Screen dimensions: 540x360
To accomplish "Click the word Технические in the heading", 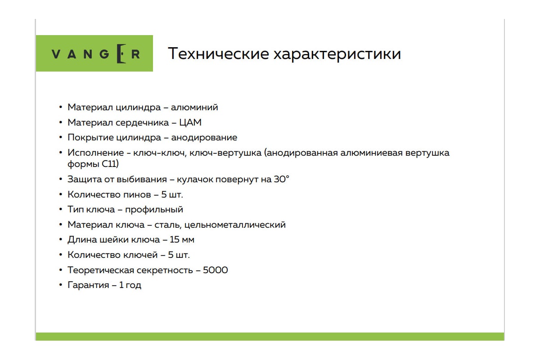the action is pos(218,54).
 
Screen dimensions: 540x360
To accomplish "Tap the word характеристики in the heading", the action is pos(337,54).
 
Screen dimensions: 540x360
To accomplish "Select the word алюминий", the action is pos(194,107).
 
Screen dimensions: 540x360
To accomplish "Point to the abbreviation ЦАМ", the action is pos(190,123).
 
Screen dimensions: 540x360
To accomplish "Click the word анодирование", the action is pos(204,138).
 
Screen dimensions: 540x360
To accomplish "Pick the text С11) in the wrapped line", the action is pos(110,164).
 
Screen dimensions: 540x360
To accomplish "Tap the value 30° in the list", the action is pos(281,179).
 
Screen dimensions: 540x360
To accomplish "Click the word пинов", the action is pos(137,194).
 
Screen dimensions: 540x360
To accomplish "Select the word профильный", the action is pos(154,210).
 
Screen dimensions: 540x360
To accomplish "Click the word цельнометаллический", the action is pos(235,225).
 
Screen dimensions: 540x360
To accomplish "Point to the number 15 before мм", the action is pos(174,240).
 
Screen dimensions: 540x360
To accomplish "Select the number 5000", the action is pos(215,270).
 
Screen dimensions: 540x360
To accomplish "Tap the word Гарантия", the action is pos(88,285).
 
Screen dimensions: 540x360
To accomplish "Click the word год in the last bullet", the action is pos(133,285).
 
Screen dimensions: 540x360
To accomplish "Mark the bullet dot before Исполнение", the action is pos(61,153).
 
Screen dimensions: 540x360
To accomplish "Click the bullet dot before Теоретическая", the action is pos(61,270).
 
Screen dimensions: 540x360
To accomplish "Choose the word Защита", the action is pos(85,180).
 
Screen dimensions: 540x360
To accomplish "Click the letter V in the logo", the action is pos(56,54).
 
